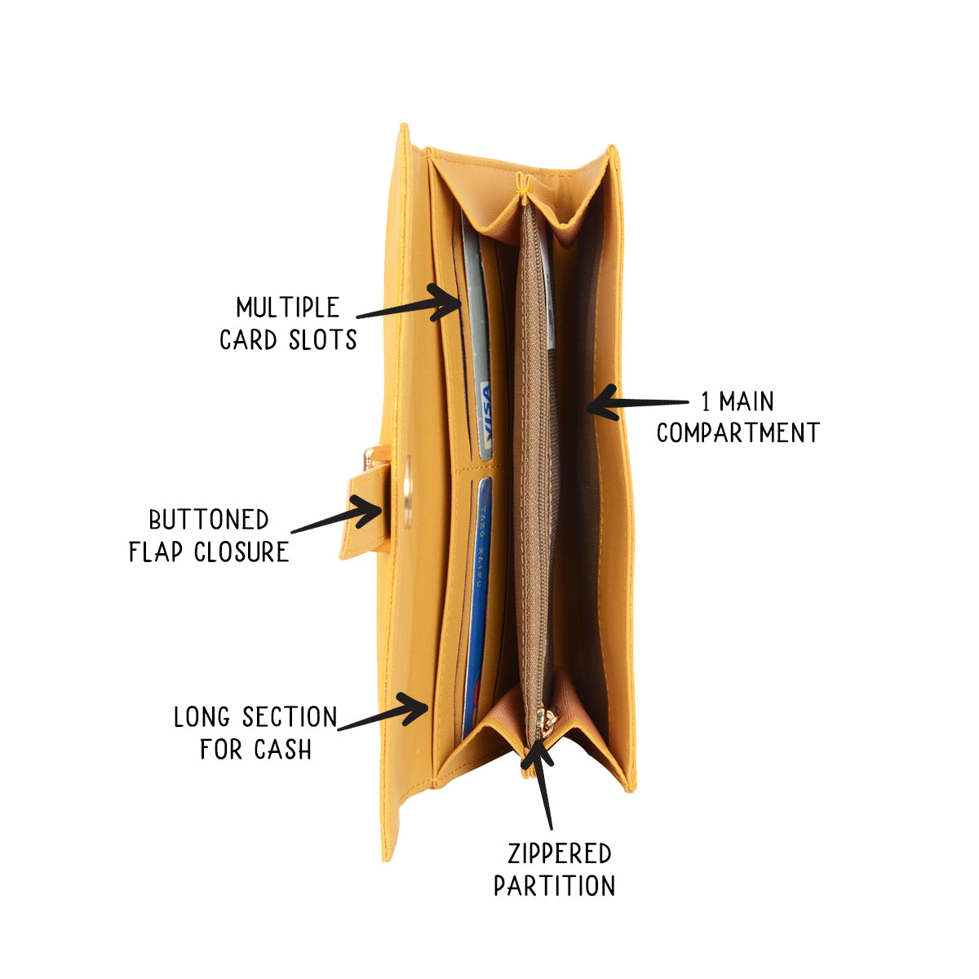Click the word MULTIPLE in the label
coord(287,308)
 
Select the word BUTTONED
coord(208,520)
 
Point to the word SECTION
coord(284,718)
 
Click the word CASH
coord(281,749)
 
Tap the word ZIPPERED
coord(559,854)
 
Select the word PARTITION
coord(555,886)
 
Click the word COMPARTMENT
coord(738,432)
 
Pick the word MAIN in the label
coord(746,401)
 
